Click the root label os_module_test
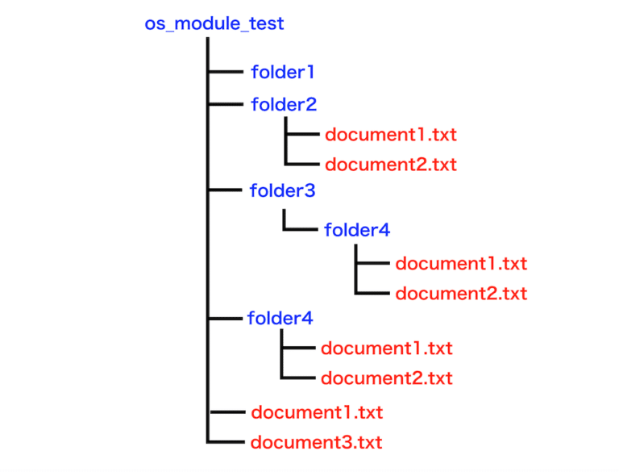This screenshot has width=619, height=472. pyautogui.click(x=214, y=23)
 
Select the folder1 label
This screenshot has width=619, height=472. pyautogui.click(x=282, y=72)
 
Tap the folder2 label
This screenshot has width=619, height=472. pyautogui.click(x=284, y=104)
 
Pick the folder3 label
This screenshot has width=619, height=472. pyautogui.click(x=282, y=191)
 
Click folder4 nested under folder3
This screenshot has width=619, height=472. pyautogui.click(x=357, y=230)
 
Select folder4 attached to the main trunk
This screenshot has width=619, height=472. pyautogui.click(x=280, y=318)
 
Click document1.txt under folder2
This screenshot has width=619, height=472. pyautogui.click(x=391, y=135)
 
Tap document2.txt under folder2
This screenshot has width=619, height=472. pyautogui.click(x=391, y=165)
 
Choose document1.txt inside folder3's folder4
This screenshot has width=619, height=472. pyautogui.click(x=461, y=264)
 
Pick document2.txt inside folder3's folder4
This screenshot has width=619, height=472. pyautogui.click(x=461, y=293)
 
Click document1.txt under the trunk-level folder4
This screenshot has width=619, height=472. pyautogui.click(x=387, y=349)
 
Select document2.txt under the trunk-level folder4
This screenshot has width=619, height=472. pyautogui.click(x=387, y=378)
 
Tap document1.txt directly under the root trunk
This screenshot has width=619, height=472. pyautogui.click(x=317, y=412)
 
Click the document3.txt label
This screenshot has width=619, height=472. pyautogui.click(x=317, y=442)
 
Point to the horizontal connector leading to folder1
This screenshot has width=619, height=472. pyautogui.click(x=226, y=72)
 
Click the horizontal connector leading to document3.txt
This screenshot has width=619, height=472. pyautogui.click(x=226, y=441)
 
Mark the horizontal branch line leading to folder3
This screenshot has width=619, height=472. pyautogui.click(x=226, y=190)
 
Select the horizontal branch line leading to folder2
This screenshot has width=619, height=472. pyautogui.click(x=226, y=104)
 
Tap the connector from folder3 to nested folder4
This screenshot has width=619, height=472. pyautogui.click(x=301, y=229)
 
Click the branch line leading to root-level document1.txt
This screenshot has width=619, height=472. pyautogui.click(x=226, y=411)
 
